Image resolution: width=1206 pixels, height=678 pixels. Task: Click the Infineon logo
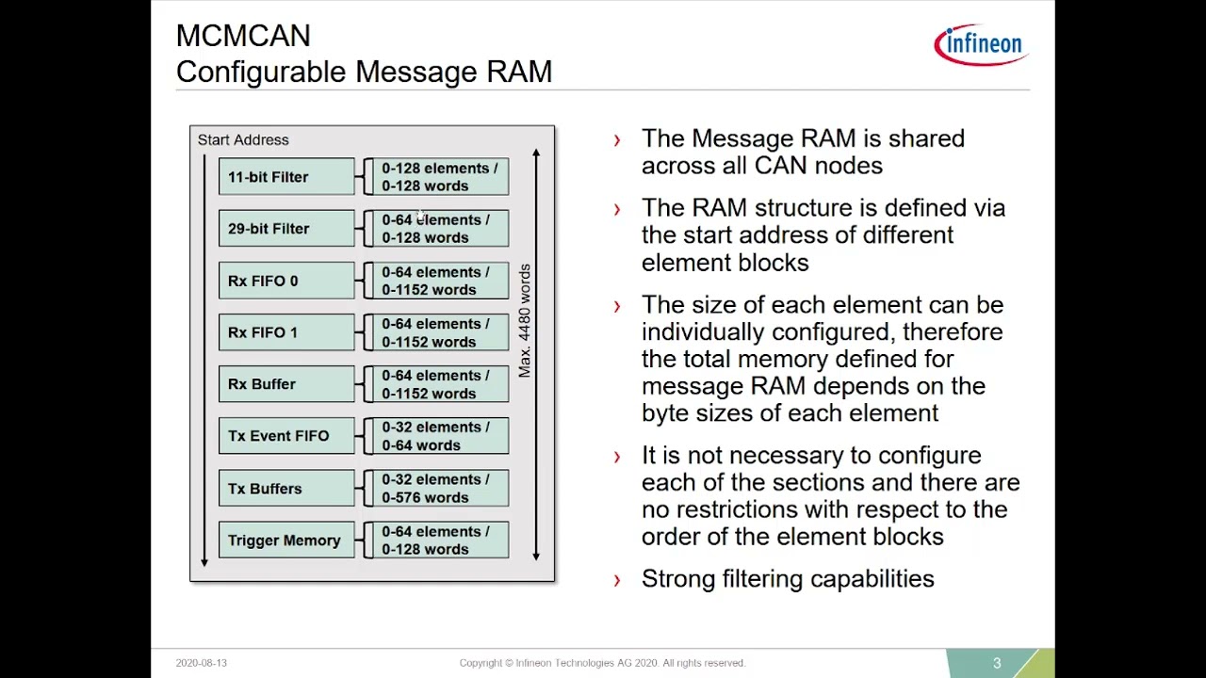(982, 44)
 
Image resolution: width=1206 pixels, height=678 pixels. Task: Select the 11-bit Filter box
(286, 176)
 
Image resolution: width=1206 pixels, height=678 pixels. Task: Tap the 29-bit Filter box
(286, 229)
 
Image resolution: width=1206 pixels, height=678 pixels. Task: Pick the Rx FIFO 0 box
(286, 281)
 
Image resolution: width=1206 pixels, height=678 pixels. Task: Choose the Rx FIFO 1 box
(286, 332)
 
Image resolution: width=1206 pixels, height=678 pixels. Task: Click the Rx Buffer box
(286, 383)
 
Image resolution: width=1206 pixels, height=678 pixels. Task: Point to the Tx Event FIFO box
(286, 435)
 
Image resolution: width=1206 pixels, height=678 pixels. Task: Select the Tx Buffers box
(286, 488)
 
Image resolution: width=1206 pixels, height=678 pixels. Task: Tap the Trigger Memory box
(286, 540)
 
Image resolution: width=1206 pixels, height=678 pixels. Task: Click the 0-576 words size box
(440, 488)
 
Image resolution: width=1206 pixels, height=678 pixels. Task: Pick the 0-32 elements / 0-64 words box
(440, 435)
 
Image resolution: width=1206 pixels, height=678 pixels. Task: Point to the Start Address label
(243, 140)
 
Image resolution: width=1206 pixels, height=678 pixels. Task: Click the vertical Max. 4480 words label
(525, 321)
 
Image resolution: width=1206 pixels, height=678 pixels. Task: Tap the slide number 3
(997, 663)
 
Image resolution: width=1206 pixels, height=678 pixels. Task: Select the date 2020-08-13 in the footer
(202, 663)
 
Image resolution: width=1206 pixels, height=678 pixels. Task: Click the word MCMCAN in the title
(243, 36)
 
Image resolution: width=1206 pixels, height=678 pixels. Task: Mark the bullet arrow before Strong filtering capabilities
(617, 580)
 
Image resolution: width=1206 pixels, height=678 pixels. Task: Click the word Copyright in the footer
(481, 663)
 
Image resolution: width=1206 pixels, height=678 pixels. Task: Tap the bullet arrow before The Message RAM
(617, 140)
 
